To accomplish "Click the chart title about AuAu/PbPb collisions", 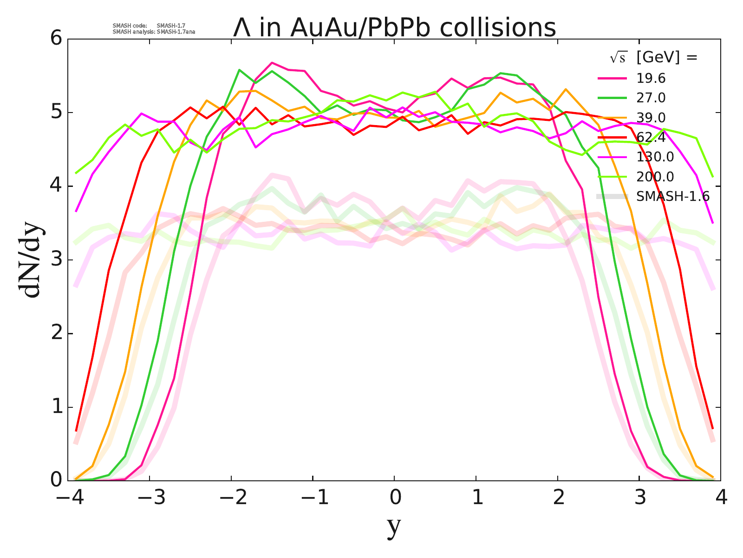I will point(394,28).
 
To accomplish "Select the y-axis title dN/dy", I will point(31,261).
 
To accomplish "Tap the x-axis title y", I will point(394,527).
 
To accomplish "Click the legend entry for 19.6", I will point(651,78).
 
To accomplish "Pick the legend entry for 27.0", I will point(651,98).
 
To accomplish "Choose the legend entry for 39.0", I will point(651,118).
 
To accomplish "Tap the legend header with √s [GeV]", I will point(654,58).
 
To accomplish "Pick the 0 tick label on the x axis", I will point(395,498).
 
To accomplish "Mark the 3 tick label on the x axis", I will point(640,498).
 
